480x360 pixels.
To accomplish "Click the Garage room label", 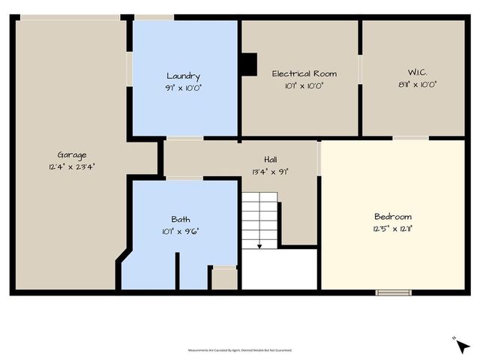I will pos(72,156).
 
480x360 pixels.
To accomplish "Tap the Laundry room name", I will pos(183,76).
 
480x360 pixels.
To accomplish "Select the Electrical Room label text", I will pos(304,73).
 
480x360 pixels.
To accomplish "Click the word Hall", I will pos(271,160).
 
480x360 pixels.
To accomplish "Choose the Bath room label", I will pos(181,219).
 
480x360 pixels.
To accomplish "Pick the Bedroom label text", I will pos(393,216).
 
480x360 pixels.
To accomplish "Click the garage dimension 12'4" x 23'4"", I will pos(72,167).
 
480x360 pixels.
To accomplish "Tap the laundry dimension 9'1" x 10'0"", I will pos(183,87).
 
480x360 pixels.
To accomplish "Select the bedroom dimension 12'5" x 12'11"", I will pos(393,228).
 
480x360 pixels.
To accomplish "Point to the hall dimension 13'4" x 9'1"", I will pos(271,171).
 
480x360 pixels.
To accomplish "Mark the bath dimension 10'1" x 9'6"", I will pos(181,230).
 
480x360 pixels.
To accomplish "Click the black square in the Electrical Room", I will pos(248,64).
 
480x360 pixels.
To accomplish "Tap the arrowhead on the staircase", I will pos(259,245).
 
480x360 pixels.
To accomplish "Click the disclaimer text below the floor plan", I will pos(240,350).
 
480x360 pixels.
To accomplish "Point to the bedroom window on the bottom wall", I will pos(393,292).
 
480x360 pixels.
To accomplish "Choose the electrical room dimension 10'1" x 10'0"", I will pos(304,85).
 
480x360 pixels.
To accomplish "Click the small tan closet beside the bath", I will pos(223,278).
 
